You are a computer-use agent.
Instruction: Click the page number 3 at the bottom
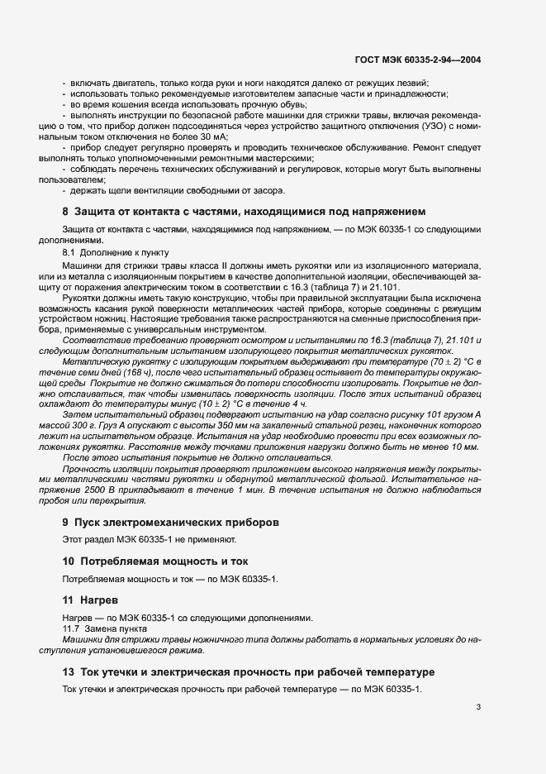click(478, 707)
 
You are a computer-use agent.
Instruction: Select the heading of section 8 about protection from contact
click(245, 212)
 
